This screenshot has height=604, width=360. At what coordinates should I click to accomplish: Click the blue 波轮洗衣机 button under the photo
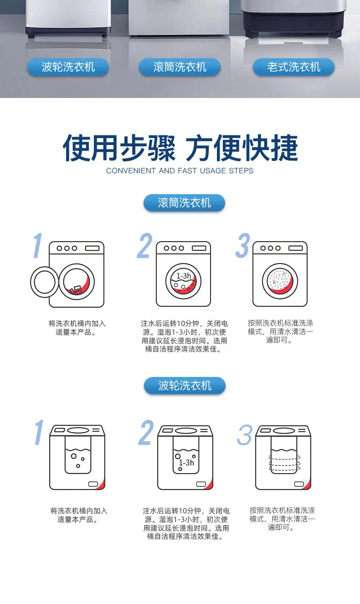click(x=68, y=67)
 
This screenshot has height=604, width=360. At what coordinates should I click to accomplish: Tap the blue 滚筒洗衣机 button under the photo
click(x=180, y=67)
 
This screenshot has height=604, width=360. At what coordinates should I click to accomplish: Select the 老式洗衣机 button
click(x=293, y=67)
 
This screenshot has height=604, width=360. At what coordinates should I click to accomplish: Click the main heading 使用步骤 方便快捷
click(x=180, y=148)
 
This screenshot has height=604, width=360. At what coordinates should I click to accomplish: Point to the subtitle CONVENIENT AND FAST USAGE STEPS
click(x=180, y=170)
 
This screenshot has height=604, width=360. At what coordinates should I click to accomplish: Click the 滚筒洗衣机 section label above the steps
click(x=184, y=203)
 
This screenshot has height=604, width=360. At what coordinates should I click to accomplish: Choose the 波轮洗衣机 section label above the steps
click(x=185, y=386)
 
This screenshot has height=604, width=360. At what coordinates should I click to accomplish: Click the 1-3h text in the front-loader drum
click(x=184, y=276)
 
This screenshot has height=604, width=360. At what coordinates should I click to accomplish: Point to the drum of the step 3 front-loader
click(x=280, y=281)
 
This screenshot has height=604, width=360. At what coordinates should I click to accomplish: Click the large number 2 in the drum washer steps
click(x=144, y=247)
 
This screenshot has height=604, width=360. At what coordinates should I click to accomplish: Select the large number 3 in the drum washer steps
click(x=243, y=247)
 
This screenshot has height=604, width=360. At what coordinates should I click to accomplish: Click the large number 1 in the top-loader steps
click(x=39, y=433)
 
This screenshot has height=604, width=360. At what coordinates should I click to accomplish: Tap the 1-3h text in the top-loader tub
click(x=186, y=462)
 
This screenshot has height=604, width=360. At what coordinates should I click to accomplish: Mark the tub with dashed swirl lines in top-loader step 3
click(x=284, y=460)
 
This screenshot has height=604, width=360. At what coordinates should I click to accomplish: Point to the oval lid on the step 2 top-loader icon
click(x=185, y=430)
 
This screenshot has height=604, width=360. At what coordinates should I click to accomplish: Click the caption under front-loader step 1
click(x=77, y=328)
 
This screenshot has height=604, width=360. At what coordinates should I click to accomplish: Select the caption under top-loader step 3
click(x=282, y=519)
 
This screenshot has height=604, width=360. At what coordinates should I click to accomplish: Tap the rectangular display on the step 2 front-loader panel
click(x=199, y=248)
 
